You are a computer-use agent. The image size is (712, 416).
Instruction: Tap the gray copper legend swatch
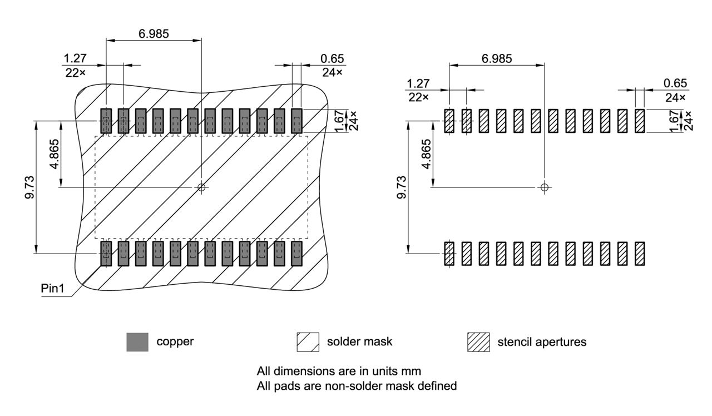[137, 342]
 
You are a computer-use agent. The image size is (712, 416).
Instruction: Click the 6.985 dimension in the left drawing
[154, 33]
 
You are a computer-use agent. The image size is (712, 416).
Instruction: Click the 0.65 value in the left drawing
[332, 59]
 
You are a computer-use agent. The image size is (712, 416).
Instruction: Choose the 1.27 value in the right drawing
[418, 83]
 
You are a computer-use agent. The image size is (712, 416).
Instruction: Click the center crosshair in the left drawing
[201, 187]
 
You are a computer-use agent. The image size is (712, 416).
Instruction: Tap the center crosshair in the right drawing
[545, 187]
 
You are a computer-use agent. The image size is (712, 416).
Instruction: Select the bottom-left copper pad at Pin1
[106, 253]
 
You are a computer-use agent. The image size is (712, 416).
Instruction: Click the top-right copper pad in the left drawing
[296, 121]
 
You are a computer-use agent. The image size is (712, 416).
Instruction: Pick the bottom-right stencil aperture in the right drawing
[640, 253]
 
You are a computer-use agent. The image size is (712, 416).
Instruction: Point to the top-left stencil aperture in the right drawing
[449, 121]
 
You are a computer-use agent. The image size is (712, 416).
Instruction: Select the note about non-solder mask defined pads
[357, 385]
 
